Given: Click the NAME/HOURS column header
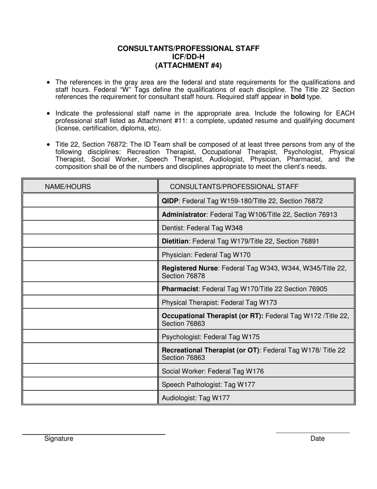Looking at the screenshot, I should point(67,186).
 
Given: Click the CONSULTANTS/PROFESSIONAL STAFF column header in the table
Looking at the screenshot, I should point(234,186).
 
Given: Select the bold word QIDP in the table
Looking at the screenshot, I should point(171,201).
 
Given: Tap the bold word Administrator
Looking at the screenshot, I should point(184,215).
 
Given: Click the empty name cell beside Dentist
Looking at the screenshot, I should point(90,228).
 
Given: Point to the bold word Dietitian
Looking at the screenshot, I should point(176,241).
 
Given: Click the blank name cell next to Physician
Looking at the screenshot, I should point(90,254).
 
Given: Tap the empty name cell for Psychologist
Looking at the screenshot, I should point(90,337).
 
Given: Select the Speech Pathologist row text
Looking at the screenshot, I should point(208,384).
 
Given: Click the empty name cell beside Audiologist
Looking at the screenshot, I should point(90,398).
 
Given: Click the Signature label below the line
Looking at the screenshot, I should point(59,439).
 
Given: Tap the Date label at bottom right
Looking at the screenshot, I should point(317,439).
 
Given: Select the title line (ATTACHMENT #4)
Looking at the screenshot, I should point(188,65).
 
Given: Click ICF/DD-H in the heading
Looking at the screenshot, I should point(188,57).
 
